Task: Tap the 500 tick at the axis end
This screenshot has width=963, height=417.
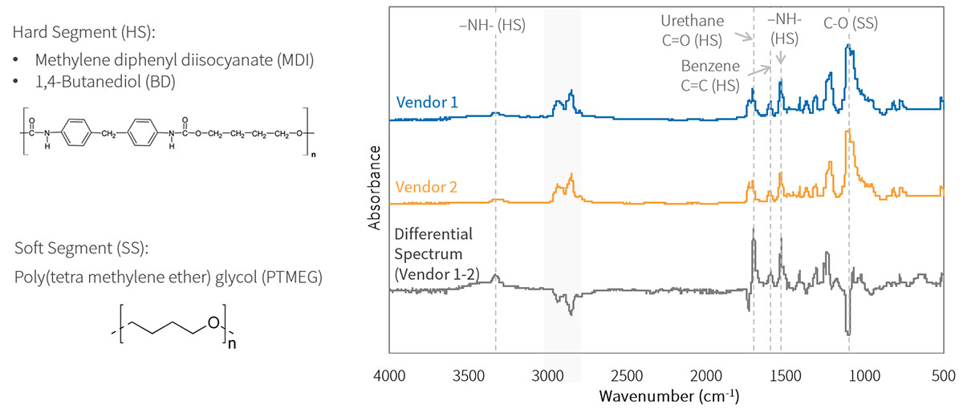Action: [942, 374]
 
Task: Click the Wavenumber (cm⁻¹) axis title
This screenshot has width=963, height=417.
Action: [668, 397]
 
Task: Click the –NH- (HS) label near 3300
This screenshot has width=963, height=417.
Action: [492, 25]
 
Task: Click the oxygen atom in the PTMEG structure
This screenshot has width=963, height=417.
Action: [212, 322]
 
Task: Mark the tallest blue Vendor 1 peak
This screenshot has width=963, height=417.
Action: [848, 47]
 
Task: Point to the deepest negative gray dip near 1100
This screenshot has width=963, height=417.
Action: [848, 332]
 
